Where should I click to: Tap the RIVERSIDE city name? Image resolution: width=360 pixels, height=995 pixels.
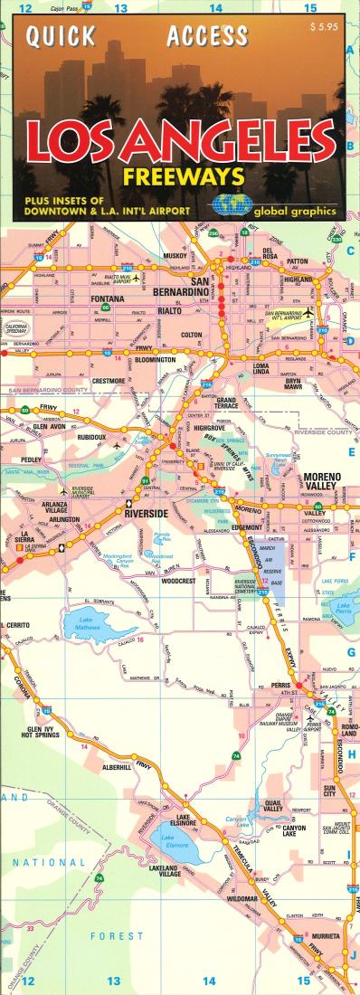(x=145, y=512)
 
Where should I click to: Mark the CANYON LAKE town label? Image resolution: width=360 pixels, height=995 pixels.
(x=299, y=827)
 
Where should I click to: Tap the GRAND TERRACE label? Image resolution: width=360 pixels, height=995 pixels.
(x=226, y=403)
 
